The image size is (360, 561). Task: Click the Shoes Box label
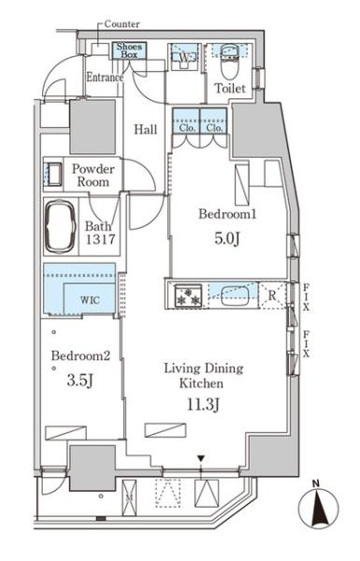click(129, 50)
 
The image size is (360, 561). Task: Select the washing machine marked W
click(184, 57)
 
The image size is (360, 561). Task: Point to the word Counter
click(122, 24)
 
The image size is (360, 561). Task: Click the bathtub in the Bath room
click(60, 226)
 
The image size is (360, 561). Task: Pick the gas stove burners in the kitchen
click(188, 295)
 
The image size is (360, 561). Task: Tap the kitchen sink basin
click(235, 296)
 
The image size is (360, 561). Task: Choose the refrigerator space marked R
click(273, 295)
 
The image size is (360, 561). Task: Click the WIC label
click(90, 299)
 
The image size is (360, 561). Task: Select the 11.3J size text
click(203, 405)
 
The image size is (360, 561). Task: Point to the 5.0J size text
click(226, 238)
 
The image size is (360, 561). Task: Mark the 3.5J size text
click(80, 381)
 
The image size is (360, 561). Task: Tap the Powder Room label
click(94, 176)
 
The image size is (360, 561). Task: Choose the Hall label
click(146, 129)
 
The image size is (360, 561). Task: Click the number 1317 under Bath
click(101, 239)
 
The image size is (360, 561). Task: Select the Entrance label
click(105, 78)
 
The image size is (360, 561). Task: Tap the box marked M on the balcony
click(129, 497)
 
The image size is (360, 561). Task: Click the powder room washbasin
click(52, 174)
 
